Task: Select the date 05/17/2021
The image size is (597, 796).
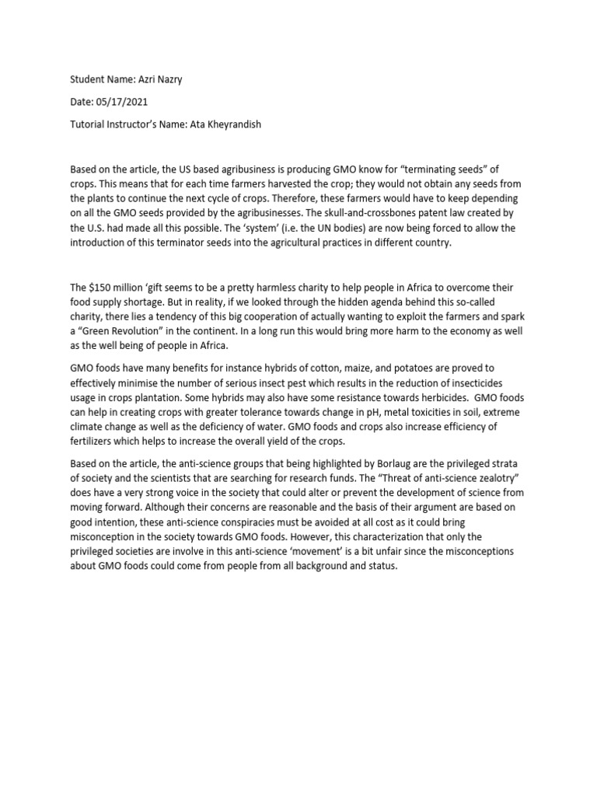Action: coord(124,102)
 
